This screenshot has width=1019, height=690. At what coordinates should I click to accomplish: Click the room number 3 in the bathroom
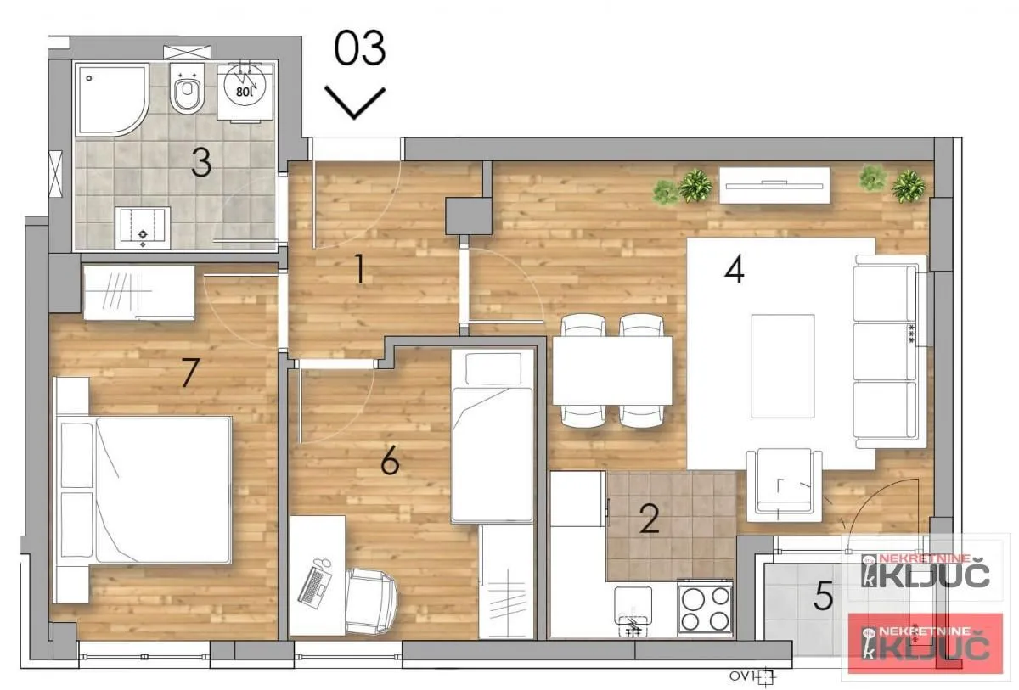(x=200, y=163)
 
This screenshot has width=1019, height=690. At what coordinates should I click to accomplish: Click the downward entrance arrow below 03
(x=355, y=103)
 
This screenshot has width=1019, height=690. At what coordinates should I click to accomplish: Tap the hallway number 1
(x=359, y=271)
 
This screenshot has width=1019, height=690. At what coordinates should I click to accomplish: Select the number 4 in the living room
(x=735, y=271)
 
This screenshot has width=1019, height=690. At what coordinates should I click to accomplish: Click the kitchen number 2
(x=650, y=519)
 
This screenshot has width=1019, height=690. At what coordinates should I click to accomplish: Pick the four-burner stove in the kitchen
(x=705, y=607)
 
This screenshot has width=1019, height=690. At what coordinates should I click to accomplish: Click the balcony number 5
(x=822, y=597)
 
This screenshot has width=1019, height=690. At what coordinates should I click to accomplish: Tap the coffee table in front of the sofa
(x=782, y=365)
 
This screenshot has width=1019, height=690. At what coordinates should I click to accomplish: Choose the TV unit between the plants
(x=774, y=185)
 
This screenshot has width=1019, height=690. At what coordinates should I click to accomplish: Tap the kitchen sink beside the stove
(x=633, y=611)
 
